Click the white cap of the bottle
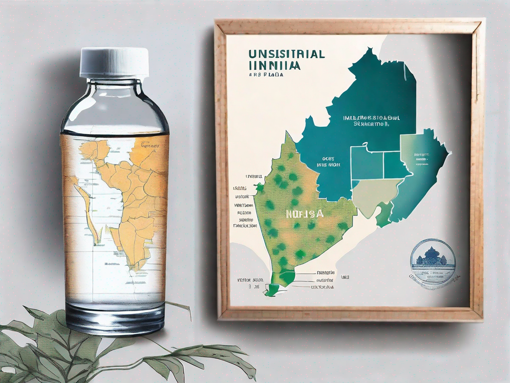[115, 62]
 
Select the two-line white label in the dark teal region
[366, 122]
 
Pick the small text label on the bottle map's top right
[149, 145]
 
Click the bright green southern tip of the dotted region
[272, 289]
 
